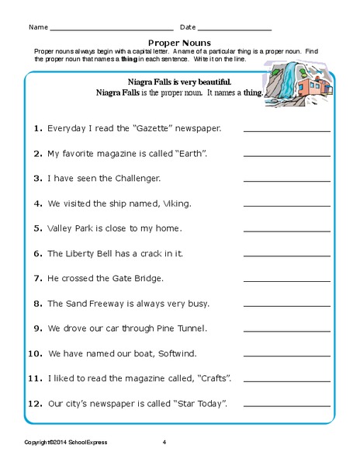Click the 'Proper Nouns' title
179,43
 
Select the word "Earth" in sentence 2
192,153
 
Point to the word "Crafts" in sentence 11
215,378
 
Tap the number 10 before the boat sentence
34,353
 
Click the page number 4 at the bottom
164,443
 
